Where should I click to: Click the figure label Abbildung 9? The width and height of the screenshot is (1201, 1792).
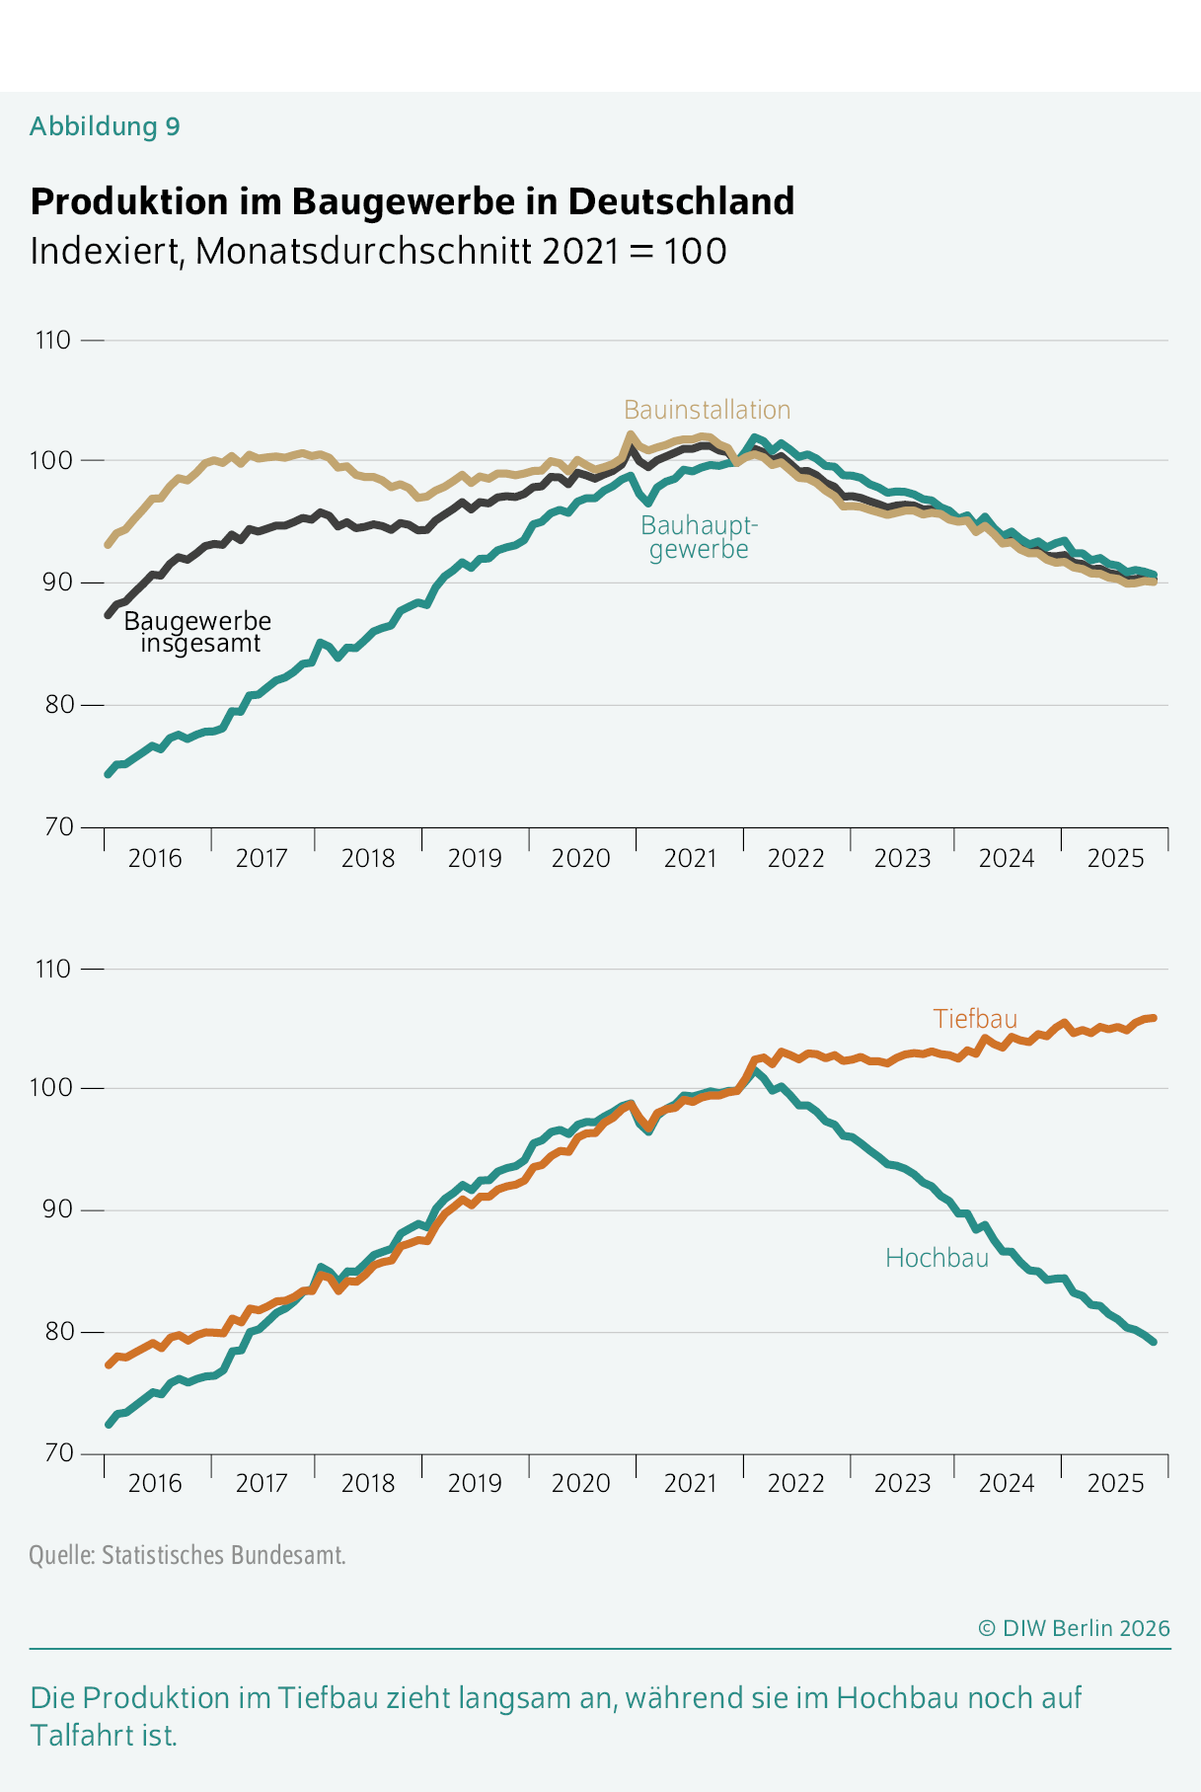point(105,126)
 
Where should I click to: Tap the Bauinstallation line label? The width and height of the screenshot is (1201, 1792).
point(707,410)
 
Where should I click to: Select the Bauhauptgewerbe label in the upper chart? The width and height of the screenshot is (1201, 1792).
point(699,537)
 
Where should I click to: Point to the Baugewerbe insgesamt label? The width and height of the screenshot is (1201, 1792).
point(197,632)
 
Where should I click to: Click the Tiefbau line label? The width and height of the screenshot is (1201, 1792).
point(974,1019)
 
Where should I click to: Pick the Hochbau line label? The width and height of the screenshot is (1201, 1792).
point(937,1258)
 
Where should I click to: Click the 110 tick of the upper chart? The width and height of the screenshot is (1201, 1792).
point(53,341)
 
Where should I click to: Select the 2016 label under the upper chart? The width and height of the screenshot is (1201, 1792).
point(155,858)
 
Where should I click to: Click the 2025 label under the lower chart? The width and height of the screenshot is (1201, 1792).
point(1115,1483)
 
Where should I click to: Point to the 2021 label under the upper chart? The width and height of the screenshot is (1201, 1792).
point(690,858)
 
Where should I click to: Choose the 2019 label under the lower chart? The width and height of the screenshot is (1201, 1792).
point(475,1483)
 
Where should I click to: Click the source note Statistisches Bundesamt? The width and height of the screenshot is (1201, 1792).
point(188,1556)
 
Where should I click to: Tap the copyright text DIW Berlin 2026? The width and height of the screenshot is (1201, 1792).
point(1074,1628)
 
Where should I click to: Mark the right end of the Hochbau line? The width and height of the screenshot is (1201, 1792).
point(1153,1341)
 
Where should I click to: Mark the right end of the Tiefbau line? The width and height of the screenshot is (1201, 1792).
point(1153,1018)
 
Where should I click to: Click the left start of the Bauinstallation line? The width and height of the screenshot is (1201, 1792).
point(108,545)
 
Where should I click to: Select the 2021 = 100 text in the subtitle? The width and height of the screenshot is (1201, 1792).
point(634,251)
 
